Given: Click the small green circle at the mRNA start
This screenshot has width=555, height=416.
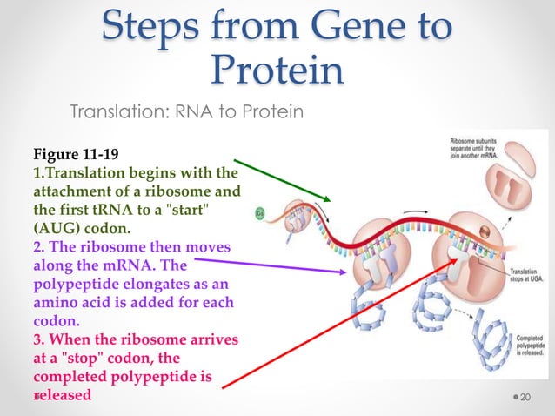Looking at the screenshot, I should (259, 212).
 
